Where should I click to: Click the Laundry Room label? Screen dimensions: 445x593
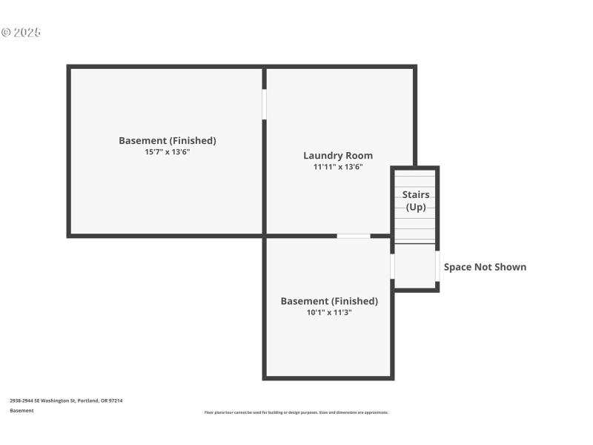click(x=337, y=156)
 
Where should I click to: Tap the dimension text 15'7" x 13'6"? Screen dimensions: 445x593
click(x=168, y=152)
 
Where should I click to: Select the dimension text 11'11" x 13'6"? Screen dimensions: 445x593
click(x=337, y=167)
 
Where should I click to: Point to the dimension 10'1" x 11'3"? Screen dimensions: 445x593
click(x=329, y=312)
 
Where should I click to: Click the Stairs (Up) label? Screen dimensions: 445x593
click(x=416, y=200)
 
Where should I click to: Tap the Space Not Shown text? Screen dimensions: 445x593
click(x=485, y=267)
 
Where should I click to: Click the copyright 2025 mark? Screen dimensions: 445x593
click(x=21, y=33)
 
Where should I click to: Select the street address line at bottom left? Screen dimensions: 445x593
click(x=66, y=400)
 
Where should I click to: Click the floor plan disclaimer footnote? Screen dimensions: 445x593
click(x=296, y=412)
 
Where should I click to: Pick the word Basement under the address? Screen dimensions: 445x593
click(x=21, y=410)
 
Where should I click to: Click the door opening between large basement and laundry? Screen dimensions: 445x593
click(x=265, y=104)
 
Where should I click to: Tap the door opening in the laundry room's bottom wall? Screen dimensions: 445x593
click(x=354, y=236)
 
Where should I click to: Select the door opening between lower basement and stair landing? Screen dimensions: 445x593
click(x=392, y=266)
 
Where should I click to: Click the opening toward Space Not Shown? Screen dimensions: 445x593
click(x=437, y=266)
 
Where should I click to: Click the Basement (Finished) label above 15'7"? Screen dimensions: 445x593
click(x=168, y=140)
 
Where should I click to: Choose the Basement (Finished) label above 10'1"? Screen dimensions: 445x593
click(x=329, y=301)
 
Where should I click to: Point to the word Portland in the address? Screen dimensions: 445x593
click(x=91, y=400)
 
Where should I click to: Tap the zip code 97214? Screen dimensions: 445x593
click(x=116, y=400)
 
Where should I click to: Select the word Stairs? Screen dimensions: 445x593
click(x=416, y=194)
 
